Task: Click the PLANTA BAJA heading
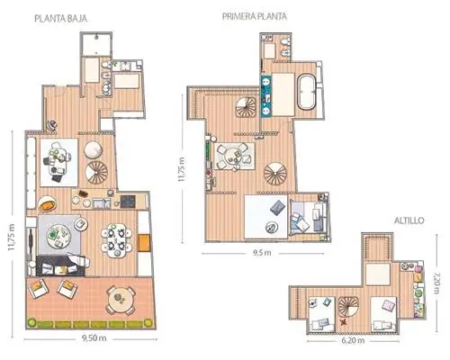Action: click(61, 19)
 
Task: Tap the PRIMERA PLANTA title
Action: click(255, 16)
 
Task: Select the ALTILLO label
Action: click(409, 220)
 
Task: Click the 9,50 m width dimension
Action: click(94, 338)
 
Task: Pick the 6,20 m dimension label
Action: click(353, 340)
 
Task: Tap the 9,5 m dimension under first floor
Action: click(262, 253)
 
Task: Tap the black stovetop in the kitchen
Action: click(128, 202)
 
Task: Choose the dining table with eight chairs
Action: click(116, 239)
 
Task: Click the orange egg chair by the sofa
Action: click(48, 203)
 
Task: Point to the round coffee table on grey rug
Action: click(58, 236)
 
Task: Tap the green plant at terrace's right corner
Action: click(148, 323)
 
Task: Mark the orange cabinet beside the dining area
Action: click(144, 243)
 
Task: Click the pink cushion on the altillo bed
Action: click(389, 305)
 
